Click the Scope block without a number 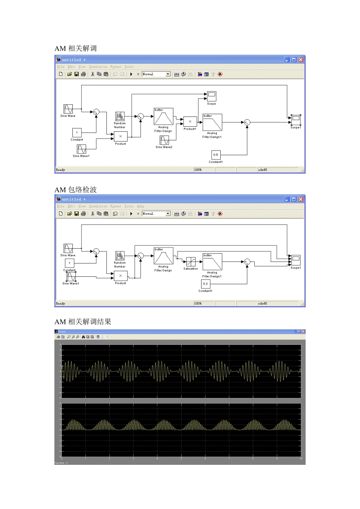211,96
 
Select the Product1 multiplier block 190,122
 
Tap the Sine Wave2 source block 164,140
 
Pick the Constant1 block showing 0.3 205,284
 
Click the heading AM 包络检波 76,190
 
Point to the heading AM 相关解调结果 83,322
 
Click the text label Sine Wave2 164,147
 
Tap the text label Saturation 191,269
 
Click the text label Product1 190,129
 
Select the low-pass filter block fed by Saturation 212,262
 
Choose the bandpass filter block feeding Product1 164,116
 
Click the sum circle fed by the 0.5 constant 247,122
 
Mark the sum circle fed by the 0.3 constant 247,262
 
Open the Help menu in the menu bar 140,206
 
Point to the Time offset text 61,463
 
